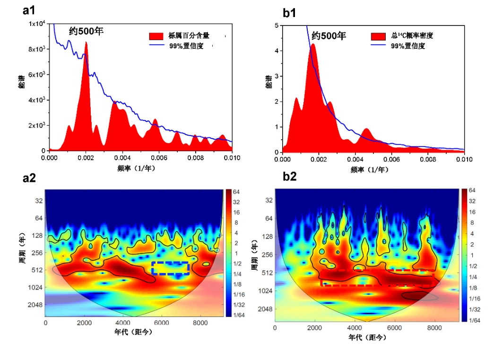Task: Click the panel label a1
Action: (x=29, y=11)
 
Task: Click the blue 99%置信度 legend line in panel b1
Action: (x=380, y=46)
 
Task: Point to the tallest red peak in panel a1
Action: (x=86, y=43)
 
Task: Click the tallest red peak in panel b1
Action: (x=312, y=45)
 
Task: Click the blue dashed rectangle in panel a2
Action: (x=170, y=268)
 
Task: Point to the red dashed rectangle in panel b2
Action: (x=377, y=278)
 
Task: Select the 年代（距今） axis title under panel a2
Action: (x=134, y=332)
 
